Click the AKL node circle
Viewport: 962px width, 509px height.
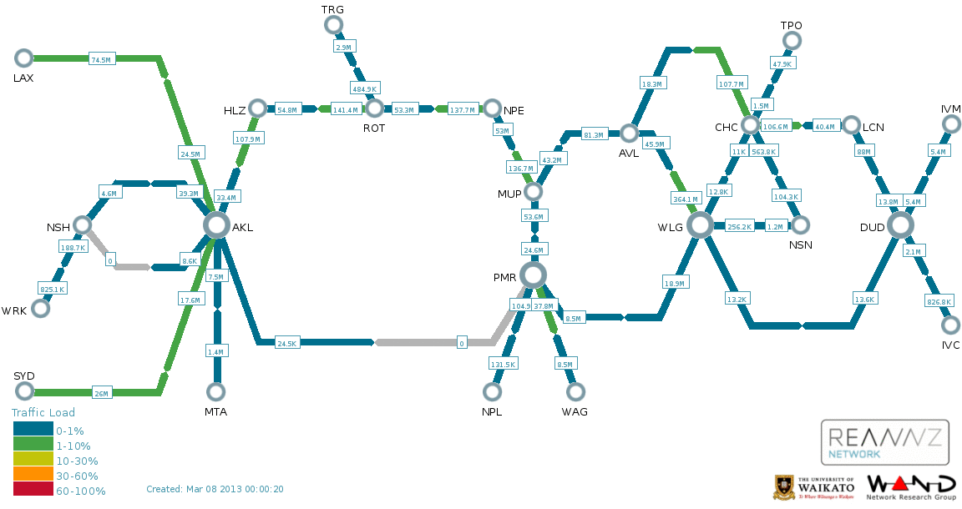216,224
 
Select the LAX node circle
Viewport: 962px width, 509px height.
23,58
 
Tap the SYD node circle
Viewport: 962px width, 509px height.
23,391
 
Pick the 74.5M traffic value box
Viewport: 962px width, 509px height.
101,59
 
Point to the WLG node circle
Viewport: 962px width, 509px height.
700,224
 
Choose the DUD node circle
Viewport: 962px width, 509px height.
900,224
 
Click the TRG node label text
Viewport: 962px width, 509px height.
332,9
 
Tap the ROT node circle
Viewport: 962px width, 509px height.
374,108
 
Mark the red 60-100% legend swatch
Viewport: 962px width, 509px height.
33,491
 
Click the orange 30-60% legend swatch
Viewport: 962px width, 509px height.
33,476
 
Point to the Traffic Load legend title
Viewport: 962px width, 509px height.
43,412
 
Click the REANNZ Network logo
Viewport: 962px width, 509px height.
884,442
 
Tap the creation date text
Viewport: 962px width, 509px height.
215,489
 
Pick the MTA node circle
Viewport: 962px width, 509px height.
216,391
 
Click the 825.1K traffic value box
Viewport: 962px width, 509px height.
53,289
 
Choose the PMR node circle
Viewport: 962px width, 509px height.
533,275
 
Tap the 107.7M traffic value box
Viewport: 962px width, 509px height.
731,83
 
